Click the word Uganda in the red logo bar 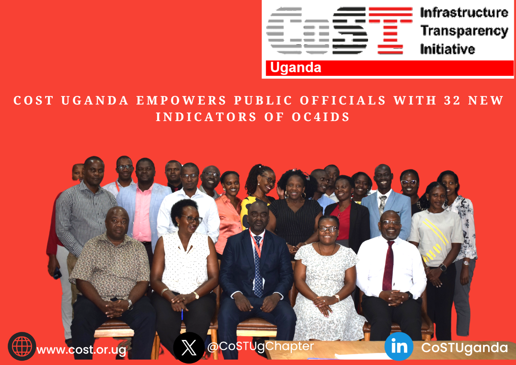[x=295, y=68]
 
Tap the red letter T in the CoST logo [x=390, y=31]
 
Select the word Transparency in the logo [x=464, y=31]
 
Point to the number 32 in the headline [x=452, y=100]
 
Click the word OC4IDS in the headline [x=321, y=117]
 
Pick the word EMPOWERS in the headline [x=181, y=100]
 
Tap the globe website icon [x=22, y=346]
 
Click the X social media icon [x=188, y=348]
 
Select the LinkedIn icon [x=399, y=346]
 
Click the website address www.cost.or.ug [x=82, y=350]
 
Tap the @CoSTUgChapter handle [x=261, y=346]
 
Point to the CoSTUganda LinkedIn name [x=464, y=348]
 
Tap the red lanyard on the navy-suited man [x=256, y=242]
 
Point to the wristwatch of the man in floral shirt [x=130, y=304]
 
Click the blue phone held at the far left [x=57, y=274]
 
